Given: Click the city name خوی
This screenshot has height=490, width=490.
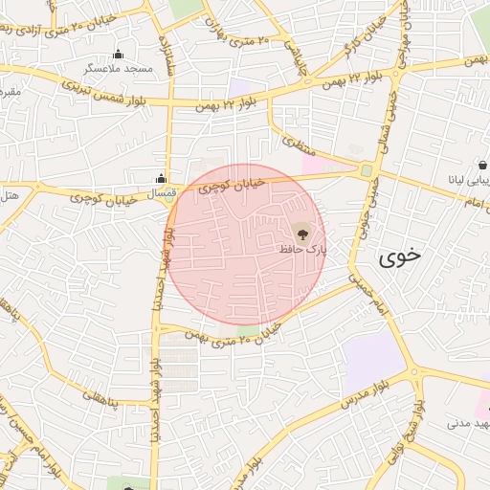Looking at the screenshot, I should pyautogui.click(x=399, y=256).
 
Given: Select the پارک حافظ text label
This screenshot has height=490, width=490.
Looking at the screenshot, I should pyautogui.click(x=302, y=248).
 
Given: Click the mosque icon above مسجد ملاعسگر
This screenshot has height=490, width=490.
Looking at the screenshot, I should pyautogui.click(x=119, y=54).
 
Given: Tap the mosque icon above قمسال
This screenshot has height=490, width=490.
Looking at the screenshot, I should pyautogui.click(x=161, y=179).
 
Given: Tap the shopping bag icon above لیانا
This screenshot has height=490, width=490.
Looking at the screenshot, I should pyautogui.click(x=483, y=166).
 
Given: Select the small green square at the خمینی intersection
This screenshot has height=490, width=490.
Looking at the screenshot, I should pyautogui.click(x=366, y=170).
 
